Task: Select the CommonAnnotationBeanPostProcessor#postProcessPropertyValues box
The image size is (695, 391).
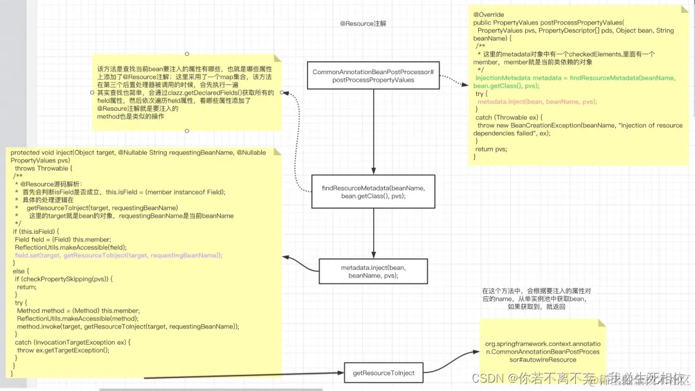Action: [x=373, y=76]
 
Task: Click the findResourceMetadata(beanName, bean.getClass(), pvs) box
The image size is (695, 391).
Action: [x=373, y=191]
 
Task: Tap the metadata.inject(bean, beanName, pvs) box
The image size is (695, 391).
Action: [x=373, y=271]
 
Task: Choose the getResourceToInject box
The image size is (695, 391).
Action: [x=384, y=372]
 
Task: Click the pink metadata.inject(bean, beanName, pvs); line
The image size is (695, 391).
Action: [x=537, y=102]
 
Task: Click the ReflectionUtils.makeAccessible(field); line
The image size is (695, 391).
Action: [x=71, y=247]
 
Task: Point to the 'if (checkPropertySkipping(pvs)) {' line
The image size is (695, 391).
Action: [x=64, y=279]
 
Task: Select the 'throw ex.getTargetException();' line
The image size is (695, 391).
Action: [x=63, y=350]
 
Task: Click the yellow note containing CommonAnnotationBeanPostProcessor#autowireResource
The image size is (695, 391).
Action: [x=542, y=351]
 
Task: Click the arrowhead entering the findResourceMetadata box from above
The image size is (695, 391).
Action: [x=373, y=172]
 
